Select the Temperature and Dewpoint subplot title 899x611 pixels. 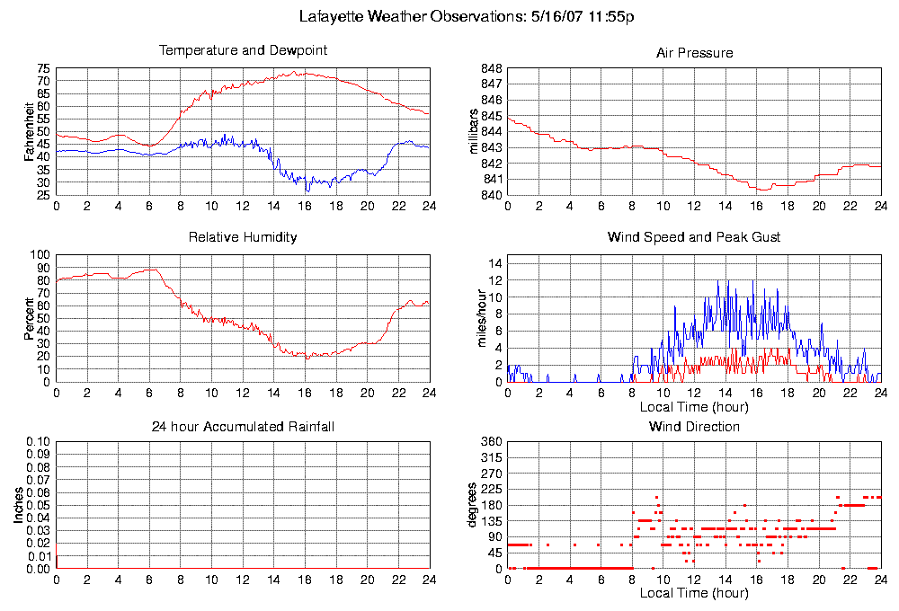click(243, 50)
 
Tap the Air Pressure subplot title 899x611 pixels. click(694, 53)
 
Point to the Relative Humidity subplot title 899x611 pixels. click(243, 237)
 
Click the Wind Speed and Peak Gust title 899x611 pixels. click(694, 237)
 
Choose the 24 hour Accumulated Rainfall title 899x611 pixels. click(243, 426)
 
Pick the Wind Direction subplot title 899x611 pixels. click(694, 426)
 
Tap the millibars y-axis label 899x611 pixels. click(474, 131)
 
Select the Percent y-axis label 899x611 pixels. click(31, 318)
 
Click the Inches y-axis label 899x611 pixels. click(18, 506)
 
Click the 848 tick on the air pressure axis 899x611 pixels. click(491, 68)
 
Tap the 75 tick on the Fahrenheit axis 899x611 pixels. click(43, 68)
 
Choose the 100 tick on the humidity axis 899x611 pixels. click(40, 255)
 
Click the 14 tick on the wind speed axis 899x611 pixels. click(494, 262)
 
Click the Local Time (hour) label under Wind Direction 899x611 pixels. click(694, 593)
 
